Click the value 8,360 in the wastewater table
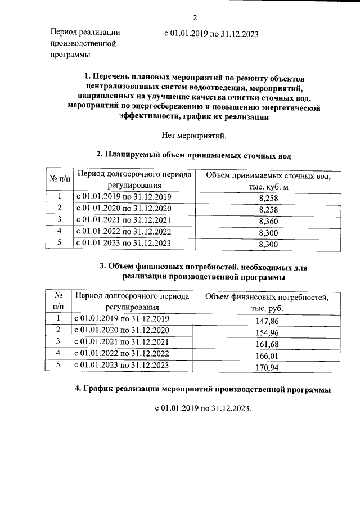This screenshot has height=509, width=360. [268, 221]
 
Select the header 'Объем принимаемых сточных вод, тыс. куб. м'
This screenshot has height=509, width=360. [268, 182]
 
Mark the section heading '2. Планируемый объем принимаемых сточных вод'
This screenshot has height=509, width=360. [193, 154]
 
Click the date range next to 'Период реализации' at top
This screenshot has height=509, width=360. [211, 34]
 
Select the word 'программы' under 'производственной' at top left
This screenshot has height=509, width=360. [70, 55]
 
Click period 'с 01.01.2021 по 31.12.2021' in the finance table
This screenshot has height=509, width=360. [122, 342]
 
